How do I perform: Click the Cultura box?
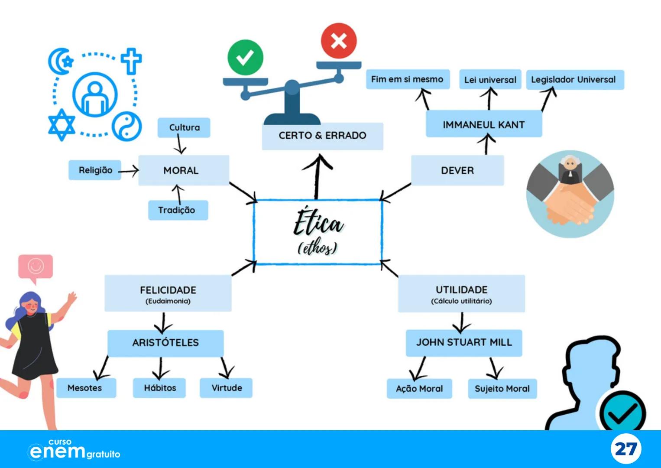(184, 127)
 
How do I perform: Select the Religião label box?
(95, 170)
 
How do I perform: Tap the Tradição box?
(178, 210)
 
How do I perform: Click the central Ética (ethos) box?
(318, 232)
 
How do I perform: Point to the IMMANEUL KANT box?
(484, 124)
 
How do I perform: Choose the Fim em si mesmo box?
(408, 79)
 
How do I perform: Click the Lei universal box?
(490, 80)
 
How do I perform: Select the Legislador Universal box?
(574, 80)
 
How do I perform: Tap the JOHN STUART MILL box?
(464, 343)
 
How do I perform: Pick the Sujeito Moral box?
(502, 388)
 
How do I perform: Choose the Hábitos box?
(159, 388)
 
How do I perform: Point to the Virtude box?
(226, 388)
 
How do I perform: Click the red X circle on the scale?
(339, 41)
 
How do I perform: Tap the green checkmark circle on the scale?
(245, 57)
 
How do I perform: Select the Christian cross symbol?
(131, 61)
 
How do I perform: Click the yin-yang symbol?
(126, 126)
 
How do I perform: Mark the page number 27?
(626, 449)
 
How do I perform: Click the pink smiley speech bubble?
(36, 266)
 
